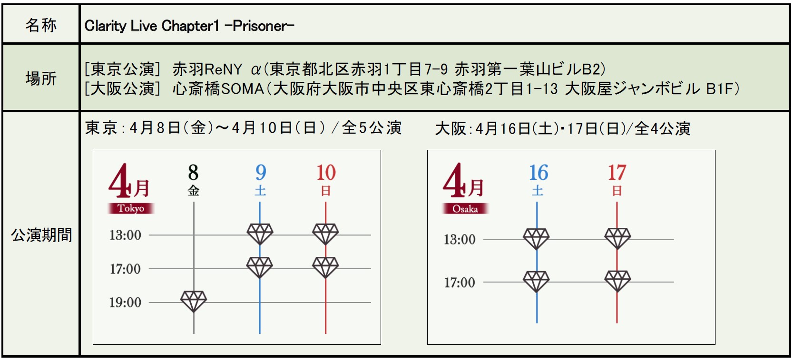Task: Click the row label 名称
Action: tap(41, 25)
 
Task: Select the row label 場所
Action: tap(41, 78)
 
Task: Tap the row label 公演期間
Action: tap(41, 235)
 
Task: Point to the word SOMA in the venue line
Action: tap(243, 88)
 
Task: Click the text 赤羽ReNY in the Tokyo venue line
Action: tap(207, 69)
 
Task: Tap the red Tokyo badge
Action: tap(131, 208)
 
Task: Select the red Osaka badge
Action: tap(465, 209)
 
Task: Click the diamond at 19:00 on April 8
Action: tap(194, 301)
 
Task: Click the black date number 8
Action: tap(193, 173)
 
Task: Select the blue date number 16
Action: tap(539, 173)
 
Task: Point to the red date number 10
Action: tap(326, 173)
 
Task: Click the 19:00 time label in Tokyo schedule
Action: tap(125, 302)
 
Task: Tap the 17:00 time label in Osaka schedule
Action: tap(460, 283)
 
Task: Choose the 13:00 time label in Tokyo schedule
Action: tap(125, 235)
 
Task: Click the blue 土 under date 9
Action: tap(260, 191)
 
